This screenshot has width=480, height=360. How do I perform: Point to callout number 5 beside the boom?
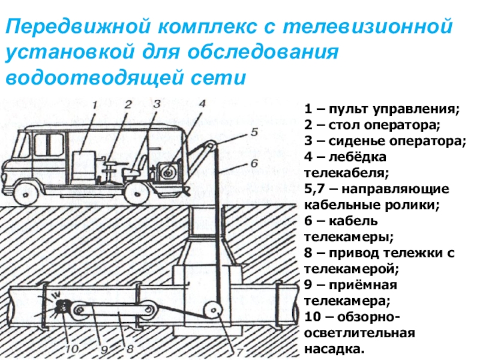(x=254, y=130)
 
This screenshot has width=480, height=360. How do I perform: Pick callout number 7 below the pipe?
(x=239, y=352)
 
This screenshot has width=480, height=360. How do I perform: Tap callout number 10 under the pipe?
(x=72, y=347)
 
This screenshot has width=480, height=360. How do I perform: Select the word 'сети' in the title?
(x=223, y=78)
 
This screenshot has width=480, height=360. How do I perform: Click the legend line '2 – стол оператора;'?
(x=372, y=126)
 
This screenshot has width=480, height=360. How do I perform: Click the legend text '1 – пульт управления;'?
(x=382, y=110)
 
